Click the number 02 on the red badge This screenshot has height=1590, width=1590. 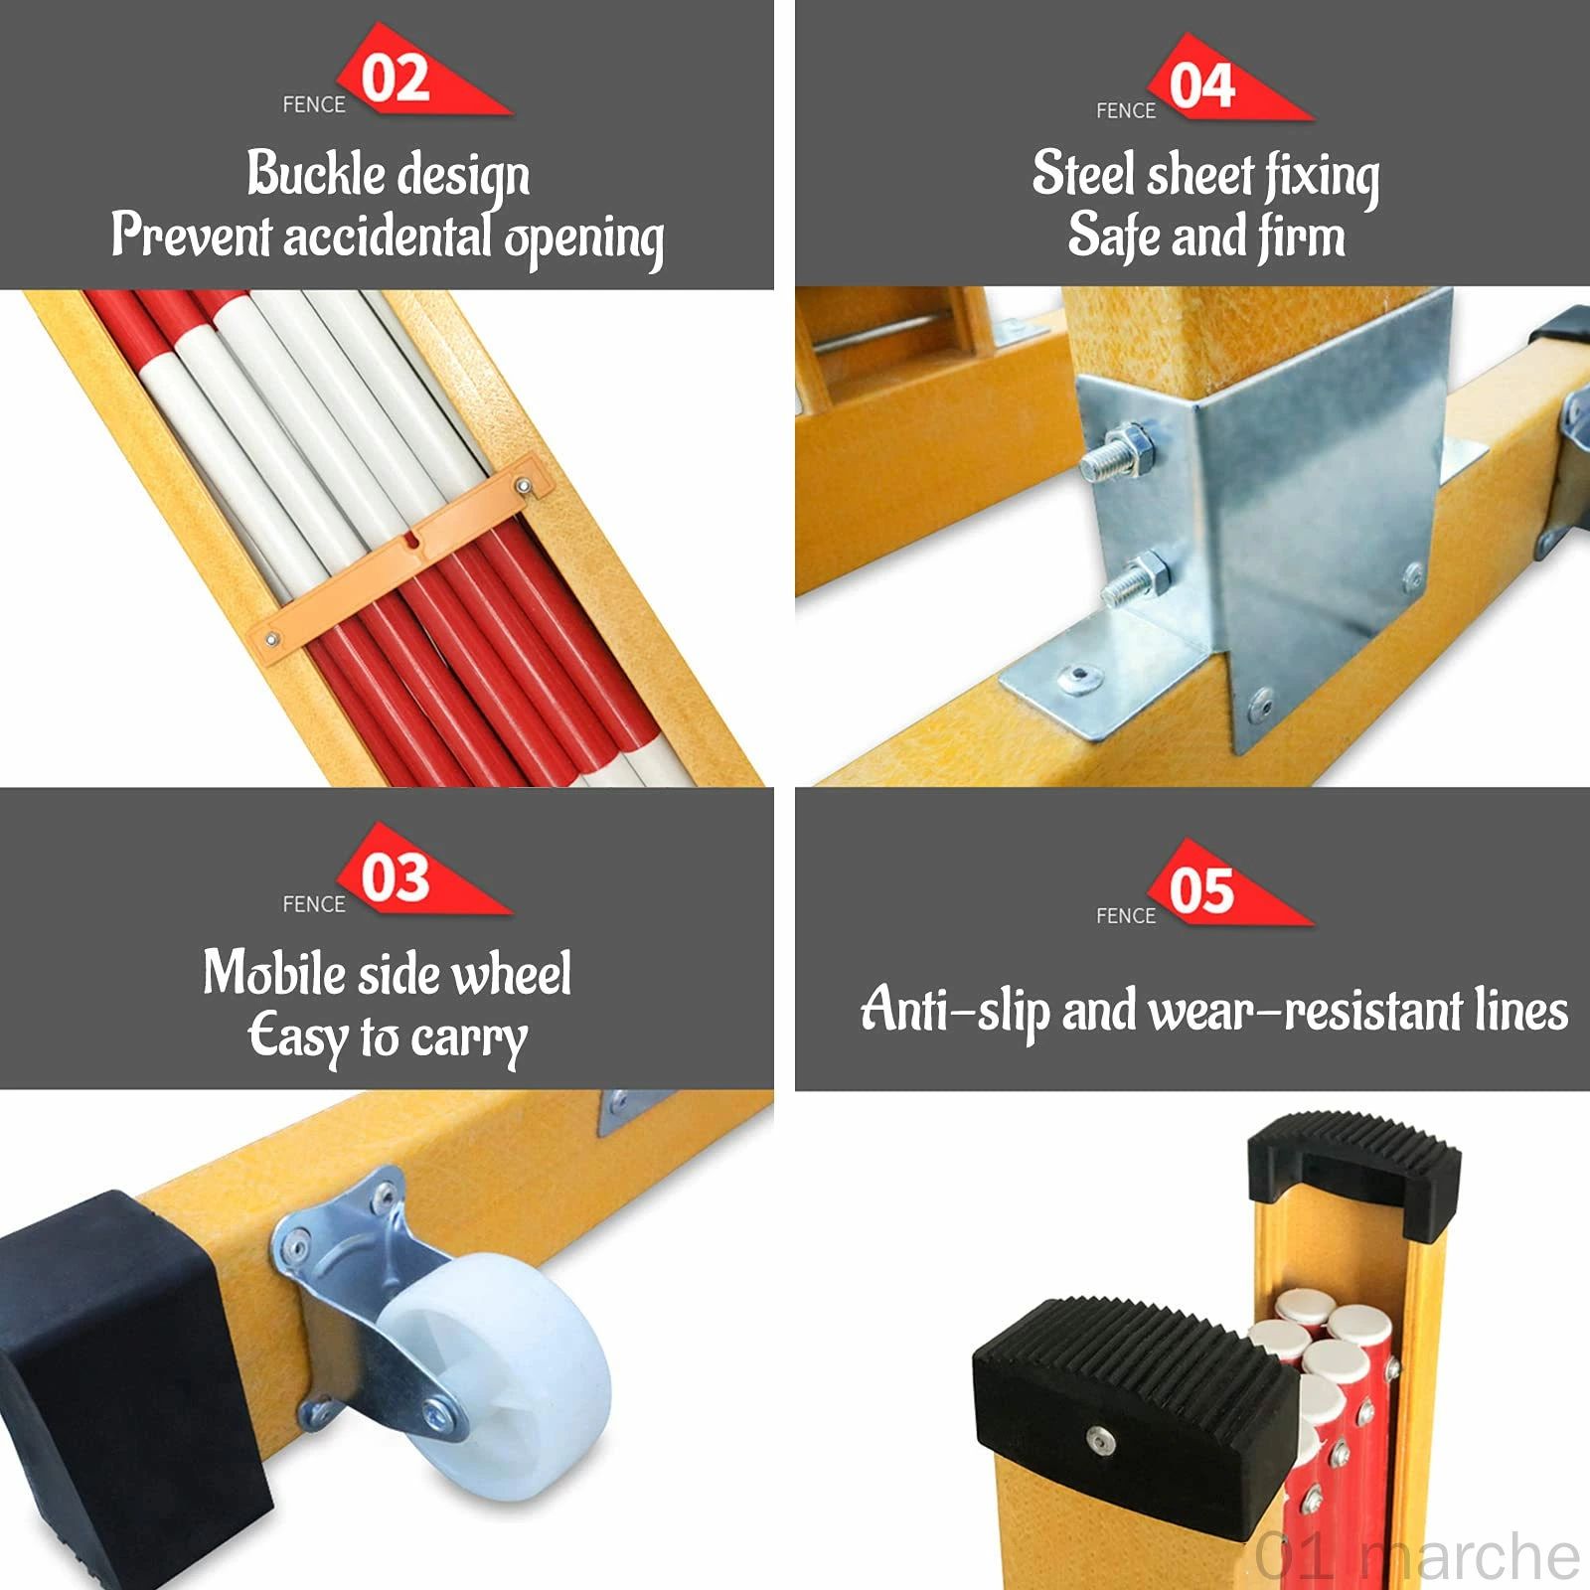click(x=396, y=79)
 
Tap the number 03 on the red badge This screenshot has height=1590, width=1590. click(x=396, y=877)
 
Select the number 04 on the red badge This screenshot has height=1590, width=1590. click(x=1202, y=85)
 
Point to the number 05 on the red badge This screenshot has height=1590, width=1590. click(x=1202, y=889)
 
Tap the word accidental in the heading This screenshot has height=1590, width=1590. click(x=389, y=237)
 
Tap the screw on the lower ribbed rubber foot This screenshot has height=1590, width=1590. click(x=1098, y=1438)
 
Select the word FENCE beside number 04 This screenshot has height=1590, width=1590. click(x=1126, y=110)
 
